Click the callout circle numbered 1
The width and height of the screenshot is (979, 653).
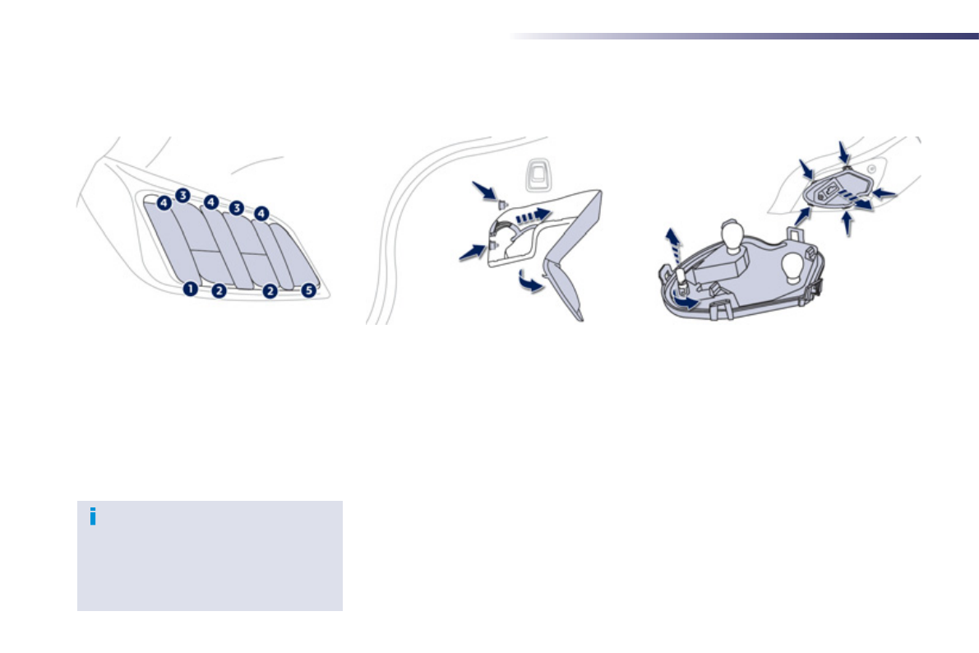pos(191,289)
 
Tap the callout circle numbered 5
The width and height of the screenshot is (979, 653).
pos(308,290)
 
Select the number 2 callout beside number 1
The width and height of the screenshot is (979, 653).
pos(219,290)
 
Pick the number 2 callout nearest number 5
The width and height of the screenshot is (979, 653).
pos(270,290)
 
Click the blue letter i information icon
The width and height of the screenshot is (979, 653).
pos(93,516)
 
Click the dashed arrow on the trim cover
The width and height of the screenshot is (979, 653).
pos(530,215)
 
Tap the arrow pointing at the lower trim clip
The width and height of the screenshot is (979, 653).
pos(473,252)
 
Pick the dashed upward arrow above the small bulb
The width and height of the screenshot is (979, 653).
pos(674,247)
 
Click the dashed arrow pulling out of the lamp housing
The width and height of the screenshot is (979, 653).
pos(858,202)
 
